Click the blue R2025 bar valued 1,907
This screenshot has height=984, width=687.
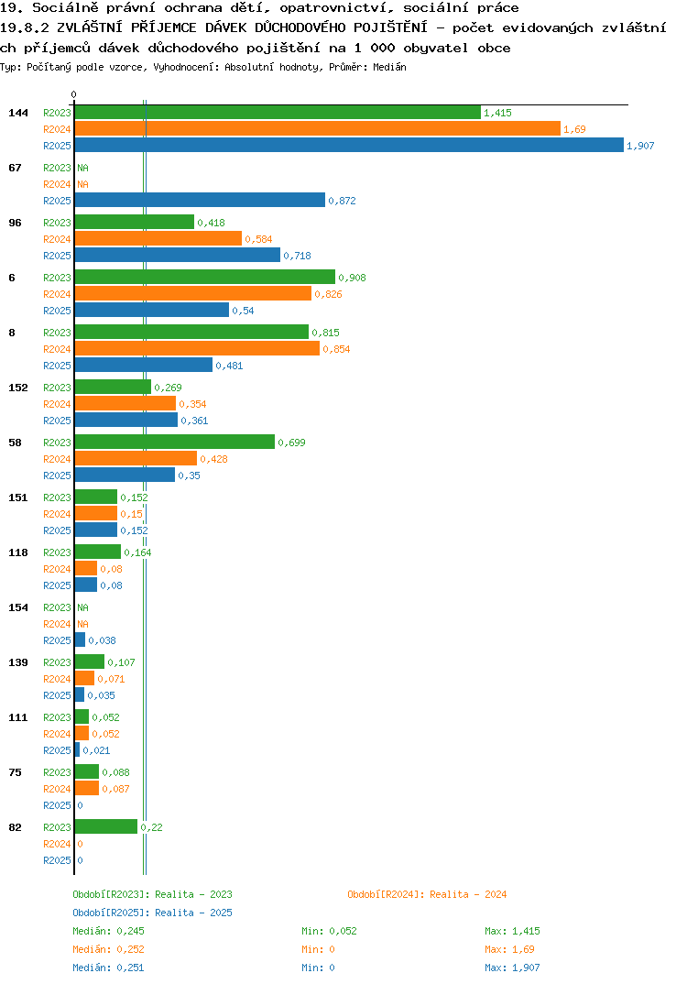(x=349, y=145)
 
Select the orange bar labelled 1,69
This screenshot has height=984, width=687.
(x=318, y=128)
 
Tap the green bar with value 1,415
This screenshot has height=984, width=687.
(x=278, y=113)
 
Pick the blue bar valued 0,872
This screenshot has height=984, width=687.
(x=200, y=200)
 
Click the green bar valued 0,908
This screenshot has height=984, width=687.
(x=204, y=277)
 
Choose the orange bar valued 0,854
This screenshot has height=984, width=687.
(x=197, y=348)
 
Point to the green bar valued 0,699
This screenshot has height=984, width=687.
(x=174, y=442)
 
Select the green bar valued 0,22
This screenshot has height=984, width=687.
(x=105, y=826)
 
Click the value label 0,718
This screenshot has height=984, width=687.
(x=297, y=256)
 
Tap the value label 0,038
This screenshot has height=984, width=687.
(x=102, y=640)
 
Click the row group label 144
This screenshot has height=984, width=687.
(x=18, y=113)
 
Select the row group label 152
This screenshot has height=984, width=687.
(x=18, y=388)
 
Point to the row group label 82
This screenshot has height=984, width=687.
(x=15, y=827)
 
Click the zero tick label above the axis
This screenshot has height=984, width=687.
(x=73, y=94)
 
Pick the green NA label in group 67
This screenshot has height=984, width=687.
(x=82, y=168)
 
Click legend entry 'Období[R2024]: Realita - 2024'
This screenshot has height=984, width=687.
(x=427, y=894)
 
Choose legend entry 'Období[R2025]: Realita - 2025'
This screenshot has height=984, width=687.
(x=152, y=913)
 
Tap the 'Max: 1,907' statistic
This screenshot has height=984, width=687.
(x=512, y=968)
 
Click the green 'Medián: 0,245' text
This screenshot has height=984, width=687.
(x=108, y=931)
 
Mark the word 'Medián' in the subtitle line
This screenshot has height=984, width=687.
(x=389, y=67)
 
